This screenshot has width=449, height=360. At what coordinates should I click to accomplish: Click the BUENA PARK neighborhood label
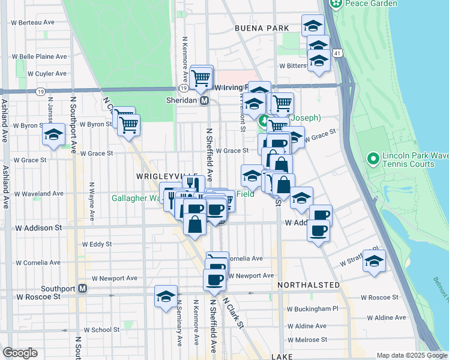(262, 28)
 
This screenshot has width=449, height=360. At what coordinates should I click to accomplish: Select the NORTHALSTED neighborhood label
(309, 284)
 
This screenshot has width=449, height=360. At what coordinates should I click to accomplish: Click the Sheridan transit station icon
(204, 101)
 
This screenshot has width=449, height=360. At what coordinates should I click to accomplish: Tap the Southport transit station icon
(83, 289)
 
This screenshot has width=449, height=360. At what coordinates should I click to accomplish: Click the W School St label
(101, 330)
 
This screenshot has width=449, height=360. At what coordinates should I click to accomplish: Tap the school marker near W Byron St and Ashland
(53, 135)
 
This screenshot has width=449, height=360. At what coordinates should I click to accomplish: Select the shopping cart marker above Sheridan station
(201, 77)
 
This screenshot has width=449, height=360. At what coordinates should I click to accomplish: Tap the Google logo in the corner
(20, 353)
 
